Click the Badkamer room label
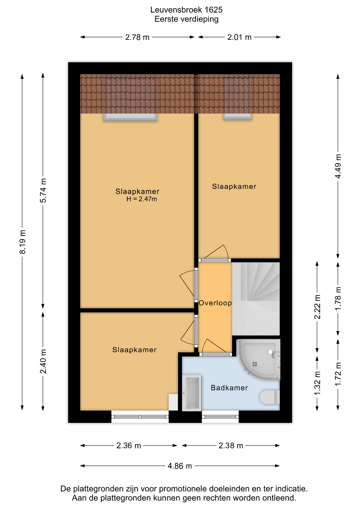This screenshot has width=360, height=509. tap(229, 388)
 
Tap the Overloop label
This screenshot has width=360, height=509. tap(215, 303)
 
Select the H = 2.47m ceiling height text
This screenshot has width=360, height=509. tap(142, 199)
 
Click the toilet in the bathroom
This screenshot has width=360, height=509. tap(270, 397)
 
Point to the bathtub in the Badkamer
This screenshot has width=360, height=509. tap(192, 393)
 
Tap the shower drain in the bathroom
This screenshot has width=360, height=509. tap(254, 364)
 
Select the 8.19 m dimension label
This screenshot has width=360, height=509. tap(23, 242)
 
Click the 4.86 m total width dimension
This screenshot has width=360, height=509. tap(180, 466)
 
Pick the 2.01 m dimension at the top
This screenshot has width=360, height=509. tap(239, 37)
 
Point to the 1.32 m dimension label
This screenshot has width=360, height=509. tap(317, 383)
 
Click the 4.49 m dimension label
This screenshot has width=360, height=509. tap(338, 166)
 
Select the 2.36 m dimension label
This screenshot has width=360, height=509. tap(129, 446)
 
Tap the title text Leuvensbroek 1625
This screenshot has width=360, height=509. tap(186, 10)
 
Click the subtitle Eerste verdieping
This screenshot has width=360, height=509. tap(186, 19)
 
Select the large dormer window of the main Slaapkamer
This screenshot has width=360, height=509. tap(130, 117)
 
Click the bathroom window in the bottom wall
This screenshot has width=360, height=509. tap(220, 416)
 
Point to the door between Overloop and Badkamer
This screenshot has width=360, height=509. tap(215, 354)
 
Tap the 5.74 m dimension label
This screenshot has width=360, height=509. tap(43, 191)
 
